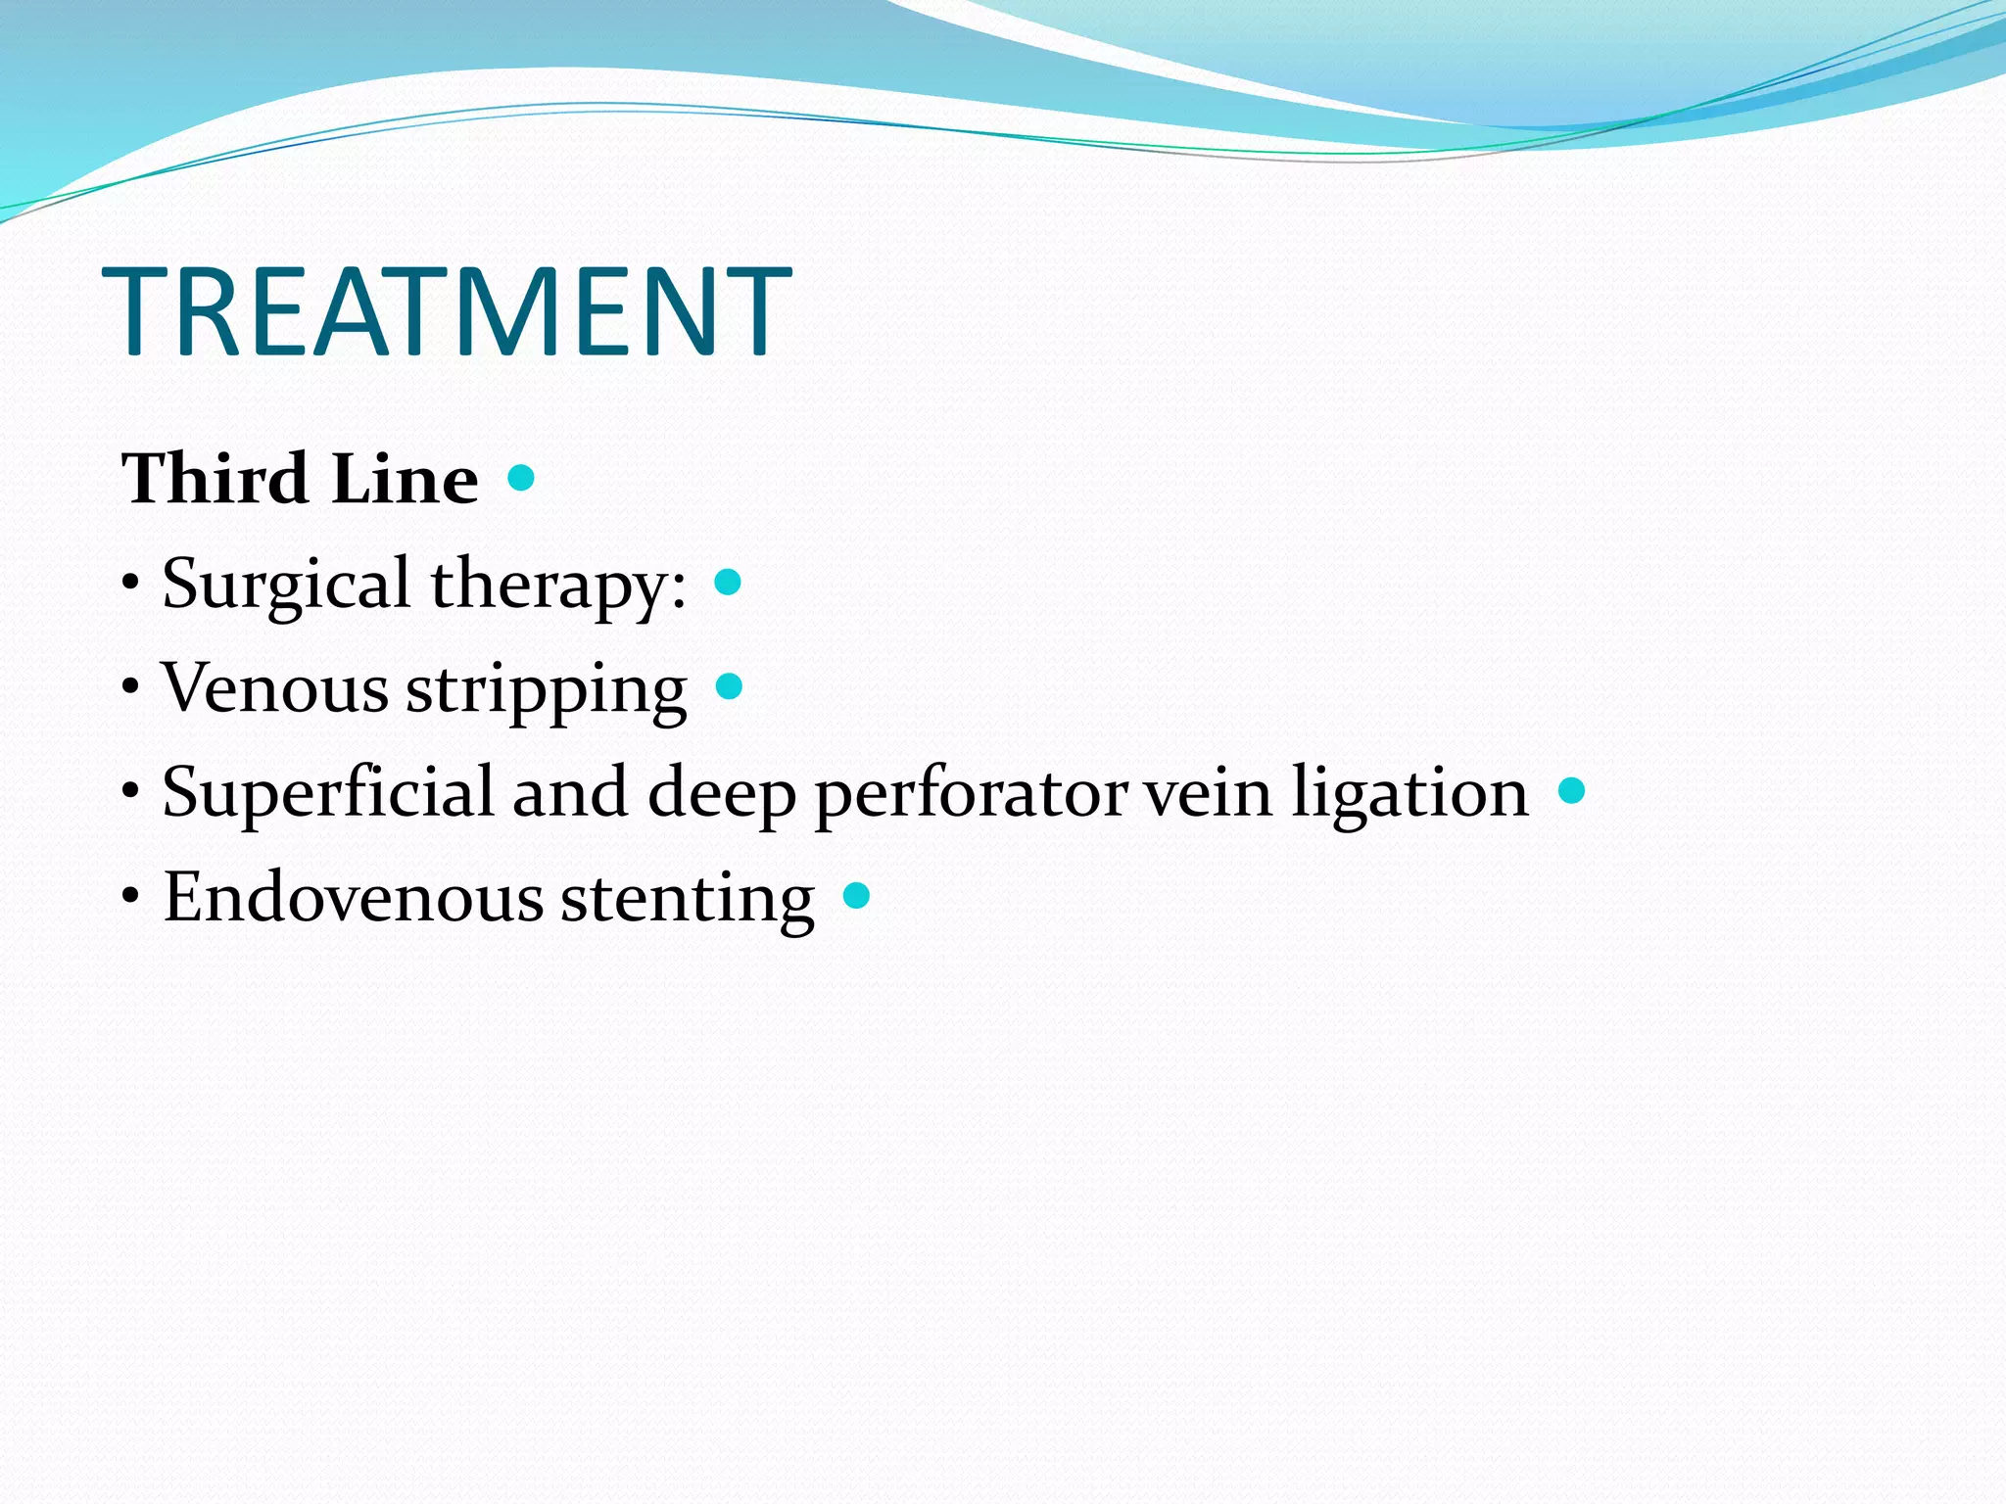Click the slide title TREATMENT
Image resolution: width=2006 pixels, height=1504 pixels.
(447, 311)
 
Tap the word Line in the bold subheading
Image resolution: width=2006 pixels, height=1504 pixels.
(405, 479)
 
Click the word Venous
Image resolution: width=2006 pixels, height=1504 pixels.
(275, 687)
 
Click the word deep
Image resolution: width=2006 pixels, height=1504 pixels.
(722, 793)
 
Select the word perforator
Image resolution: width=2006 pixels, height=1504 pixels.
(971, 793)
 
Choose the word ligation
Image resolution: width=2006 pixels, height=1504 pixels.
(1409, 793)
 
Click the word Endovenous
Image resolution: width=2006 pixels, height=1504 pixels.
(353, 896)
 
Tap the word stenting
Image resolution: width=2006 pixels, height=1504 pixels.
(687, 898)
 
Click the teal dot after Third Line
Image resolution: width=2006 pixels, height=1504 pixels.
(521, 478)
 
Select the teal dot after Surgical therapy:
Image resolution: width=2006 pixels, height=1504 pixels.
(728, 583)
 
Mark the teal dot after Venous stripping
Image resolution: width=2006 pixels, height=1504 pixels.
(729, 685)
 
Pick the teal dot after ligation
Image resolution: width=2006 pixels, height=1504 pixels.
(1571, 790)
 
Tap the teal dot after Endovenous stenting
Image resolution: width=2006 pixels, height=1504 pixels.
(856, 895)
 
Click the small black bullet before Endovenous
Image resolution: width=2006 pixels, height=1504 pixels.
(131, 896)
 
